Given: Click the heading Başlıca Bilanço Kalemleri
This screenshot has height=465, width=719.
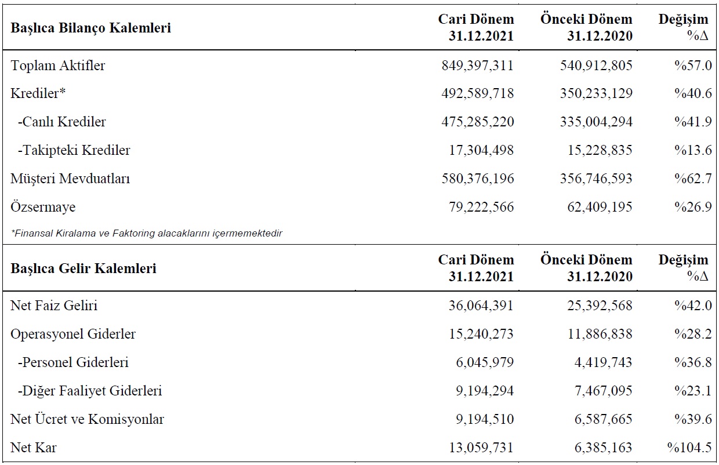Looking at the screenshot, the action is pos(90,28).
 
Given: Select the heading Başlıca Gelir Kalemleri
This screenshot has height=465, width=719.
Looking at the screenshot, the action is pos(83,268).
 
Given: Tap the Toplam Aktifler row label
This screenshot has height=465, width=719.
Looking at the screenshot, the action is pos(58,66).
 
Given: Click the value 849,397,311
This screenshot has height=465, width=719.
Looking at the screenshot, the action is pos(478,66).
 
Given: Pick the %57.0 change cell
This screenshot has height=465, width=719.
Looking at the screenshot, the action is pos(693,66).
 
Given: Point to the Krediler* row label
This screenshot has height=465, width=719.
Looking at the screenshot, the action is pos(38,93).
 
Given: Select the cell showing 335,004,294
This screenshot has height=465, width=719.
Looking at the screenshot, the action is pos(597,122).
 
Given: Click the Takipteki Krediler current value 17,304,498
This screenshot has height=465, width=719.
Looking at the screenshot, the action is pos(481,150).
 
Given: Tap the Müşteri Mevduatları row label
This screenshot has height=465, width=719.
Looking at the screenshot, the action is pos(70,179).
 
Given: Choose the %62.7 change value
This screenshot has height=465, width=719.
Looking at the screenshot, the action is pos(693,179).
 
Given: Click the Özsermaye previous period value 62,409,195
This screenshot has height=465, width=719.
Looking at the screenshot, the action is pos(600,206).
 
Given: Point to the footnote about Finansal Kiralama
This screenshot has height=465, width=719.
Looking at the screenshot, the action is pos(147,233).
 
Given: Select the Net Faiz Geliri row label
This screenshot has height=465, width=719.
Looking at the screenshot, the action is pos(54,305).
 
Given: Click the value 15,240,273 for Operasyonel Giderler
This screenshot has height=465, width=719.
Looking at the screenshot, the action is pos(481,334).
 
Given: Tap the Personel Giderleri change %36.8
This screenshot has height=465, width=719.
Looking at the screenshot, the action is pos(693,362).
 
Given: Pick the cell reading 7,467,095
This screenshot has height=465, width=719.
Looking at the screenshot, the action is pos(604,391).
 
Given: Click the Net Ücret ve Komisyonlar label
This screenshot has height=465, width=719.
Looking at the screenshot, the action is pos(88,419).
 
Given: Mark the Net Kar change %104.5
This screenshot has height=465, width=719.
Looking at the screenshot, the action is pos(689,448).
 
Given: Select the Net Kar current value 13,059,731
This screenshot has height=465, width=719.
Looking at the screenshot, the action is pos(481,448).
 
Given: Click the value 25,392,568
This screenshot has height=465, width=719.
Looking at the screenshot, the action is pos(600,305).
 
